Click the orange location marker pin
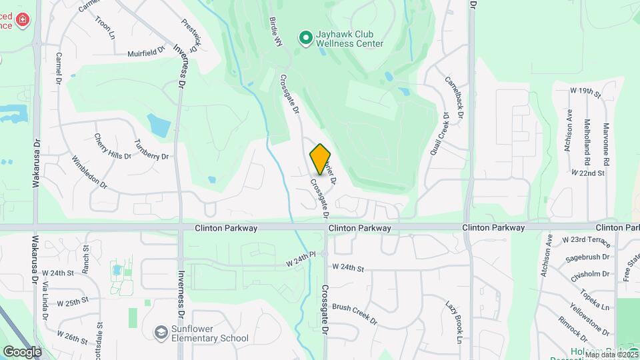tap(321, 159)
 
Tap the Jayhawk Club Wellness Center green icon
tap(306, 38)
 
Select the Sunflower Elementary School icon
tap(161, 332)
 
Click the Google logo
tap(22, 351)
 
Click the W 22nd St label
tap(587, 173)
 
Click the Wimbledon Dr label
tap(89, 172)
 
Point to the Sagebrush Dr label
tap(587, 257)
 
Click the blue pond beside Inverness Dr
tap(159, 124)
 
